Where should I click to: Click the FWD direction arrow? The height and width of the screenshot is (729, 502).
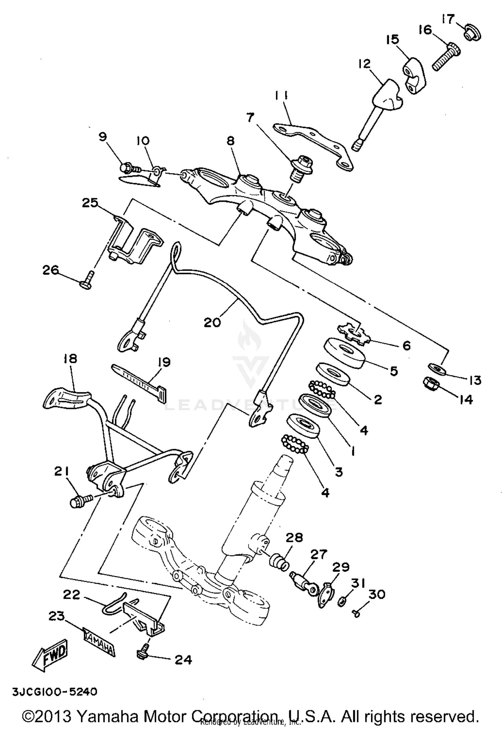50,655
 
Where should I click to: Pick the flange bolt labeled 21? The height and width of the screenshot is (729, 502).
80,501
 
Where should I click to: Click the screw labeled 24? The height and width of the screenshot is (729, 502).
142,653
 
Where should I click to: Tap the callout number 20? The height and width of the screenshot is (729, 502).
213,322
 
